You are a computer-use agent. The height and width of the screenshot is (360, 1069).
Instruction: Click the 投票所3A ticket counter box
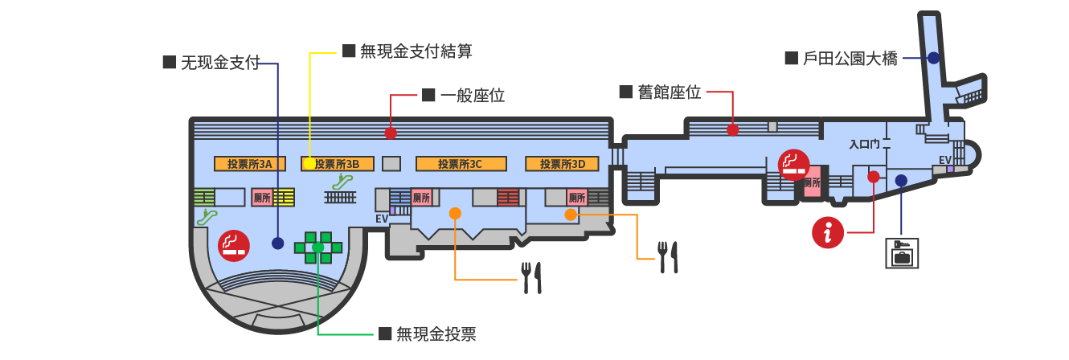coord(250,164)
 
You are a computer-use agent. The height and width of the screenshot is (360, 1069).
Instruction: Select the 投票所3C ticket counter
coord(461,164)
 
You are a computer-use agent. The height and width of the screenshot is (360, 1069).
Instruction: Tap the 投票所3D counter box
coord(562,164)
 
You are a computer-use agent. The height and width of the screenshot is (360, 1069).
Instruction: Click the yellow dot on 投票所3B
coord(309,164)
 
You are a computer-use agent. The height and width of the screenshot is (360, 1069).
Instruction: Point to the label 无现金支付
coord(220,63)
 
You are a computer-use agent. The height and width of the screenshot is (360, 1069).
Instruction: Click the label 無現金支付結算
coord(416,51)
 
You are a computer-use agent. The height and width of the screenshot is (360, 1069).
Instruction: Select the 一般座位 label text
coord(473,96)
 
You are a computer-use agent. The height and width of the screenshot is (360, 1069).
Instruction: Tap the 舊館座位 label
coord(669,92)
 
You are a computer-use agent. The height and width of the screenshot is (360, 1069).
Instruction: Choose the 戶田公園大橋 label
coord(850,59)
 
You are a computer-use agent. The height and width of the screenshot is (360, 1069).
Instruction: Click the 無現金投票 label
coord(436,333)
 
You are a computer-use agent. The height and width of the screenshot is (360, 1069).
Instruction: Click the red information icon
coord(828,233)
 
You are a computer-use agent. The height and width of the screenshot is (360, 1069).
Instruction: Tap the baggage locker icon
coord(902,253)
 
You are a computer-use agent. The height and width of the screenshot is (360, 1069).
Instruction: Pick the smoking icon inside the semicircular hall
coord(234,246)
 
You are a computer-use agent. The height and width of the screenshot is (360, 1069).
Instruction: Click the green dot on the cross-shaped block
coord(317,247)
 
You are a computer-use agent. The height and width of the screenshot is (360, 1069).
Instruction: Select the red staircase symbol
coord(508,197)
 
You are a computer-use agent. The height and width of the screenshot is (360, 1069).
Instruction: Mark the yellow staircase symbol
coord(284,197)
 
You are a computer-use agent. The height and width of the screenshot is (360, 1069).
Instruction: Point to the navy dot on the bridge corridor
coord(933,58)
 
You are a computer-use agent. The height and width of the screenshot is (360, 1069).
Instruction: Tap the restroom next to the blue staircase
coord(421,198)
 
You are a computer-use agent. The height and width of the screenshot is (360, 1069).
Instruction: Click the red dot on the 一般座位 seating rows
coord(391,133)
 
